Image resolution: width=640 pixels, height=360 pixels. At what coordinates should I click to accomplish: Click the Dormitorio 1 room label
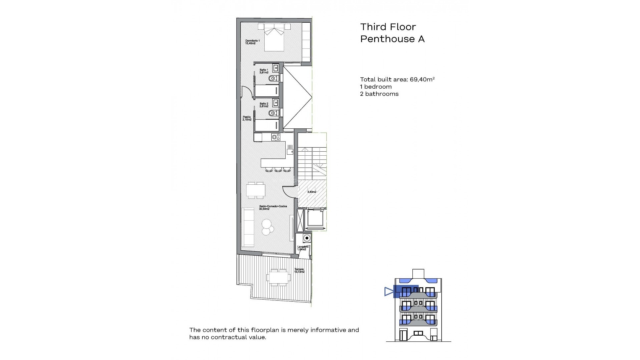click(252, 42)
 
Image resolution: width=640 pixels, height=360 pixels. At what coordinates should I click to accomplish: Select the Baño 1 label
click(264, 71)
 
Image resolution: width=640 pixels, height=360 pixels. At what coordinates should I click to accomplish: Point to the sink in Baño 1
click(276, 68)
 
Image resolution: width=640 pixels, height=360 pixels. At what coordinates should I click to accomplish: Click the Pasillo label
click(247, 118)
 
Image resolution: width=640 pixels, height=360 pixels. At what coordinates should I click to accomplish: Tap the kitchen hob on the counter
click(276, 137)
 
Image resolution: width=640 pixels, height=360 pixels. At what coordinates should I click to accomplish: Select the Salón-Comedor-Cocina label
click(273, 207)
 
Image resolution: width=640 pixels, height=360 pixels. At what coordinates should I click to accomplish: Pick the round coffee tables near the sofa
click(267, 227)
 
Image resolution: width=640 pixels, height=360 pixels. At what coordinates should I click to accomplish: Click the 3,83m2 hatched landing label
click(312, 192)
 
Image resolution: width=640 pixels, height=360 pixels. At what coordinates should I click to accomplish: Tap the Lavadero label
click(303, 248)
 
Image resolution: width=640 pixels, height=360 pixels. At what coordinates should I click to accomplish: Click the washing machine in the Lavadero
click(307, 238)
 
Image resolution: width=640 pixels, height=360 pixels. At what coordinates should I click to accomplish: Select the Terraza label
click(299, 270)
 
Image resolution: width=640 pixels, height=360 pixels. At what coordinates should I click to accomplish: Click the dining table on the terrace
click(278, 277)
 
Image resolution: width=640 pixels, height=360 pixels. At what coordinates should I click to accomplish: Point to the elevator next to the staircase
click(315, 219)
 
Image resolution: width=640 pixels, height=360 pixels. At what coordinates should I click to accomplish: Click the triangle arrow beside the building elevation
click(389, 292)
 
